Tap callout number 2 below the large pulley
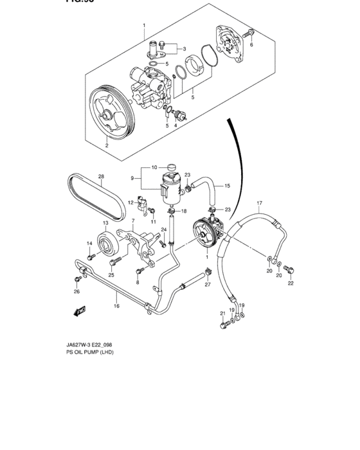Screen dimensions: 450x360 pos(107,146)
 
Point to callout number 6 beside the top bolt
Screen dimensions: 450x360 pos(251,45)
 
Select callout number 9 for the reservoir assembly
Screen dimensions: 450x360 pos(133,178)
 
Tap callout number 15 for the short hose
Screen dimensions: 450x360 pos(226,186)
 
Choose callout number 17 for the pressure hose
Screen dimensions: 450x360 pos(260,206)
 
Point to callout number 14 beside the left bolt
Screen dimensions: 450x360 pos(90,242)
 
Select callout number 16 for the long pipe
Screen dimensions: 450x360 pos(116,306)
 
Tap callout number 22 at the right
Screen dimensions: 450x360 pos(291,283)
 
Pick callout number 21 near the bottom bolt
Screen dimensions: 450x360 pos(222,313)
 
